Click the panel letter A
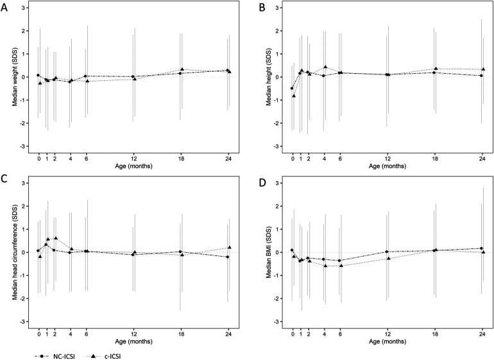(x=4, y=8)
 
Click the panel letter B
(x=262, y=8)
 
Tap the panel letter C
(x=4, y=178)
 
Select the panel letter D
(x=262, y=183)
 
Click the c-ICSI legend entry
(x=103, y=356)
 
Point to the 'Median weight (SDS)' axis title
(x=15, y=77)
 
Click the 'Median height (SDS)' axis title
(x=269, y=77)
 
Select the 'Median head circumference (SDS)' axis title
(x=15, y=252)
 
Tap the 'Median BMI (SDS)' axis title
(x=269, y=252)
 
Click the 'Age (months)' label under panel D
(x=388, y=341)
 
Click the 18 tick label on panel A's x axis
(x=181, y=159)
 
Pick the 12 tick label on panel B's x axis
(x=388, y=159)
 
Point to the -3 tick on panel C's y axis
(x=24, y=321)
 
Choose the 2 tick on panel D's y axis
(x=280, y=206)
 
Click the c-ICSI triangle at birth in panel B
(x=294, y=96)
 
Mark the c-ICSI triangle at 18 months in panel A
(x=182, y=69)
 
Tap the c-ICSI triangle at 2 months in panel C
(x=56, y=238)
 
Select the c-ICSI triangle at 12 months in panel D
(x=388, y=258)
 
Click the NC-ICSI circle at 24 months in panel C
(x=228, y=257)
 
